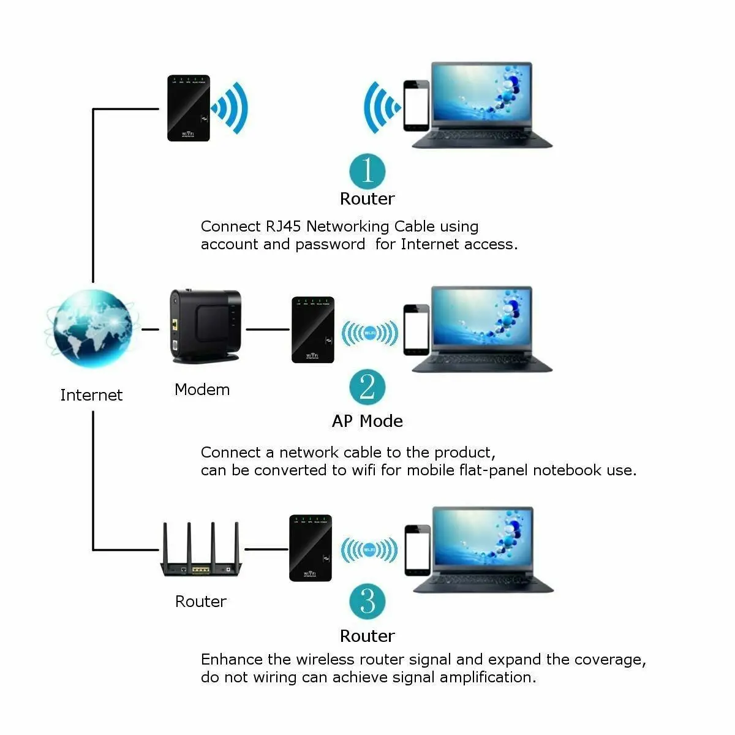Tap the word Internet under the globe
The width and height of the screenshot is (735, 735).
tap(91, 395)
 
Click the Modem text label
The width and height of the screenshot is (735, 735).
tap(202, 390)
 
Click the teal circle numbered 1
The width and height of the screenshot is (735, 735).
tap(367, 171)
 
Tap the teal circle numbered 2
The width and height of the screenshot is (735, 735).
tap(367, 387)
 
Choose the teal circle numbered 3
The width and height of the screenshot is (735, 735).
tap(367, 601)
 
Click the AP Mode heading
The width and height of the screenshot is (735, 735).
tap(367, 421)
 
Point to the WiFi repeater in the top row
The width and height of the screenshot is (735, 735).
tap(189, 108)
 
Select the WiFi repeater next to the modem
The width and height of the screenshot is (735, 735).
tap(313, 330)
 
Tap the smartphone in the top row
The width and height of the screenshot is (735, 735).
tap(415, 105)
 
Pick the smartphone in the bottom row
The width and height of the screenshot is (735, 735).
tap(417, 550)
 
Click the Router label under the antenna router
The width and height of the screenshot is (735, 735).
tap(201, 601)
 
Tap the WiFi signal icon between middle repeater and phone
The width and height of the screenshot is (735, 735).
tap(369, 333)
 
